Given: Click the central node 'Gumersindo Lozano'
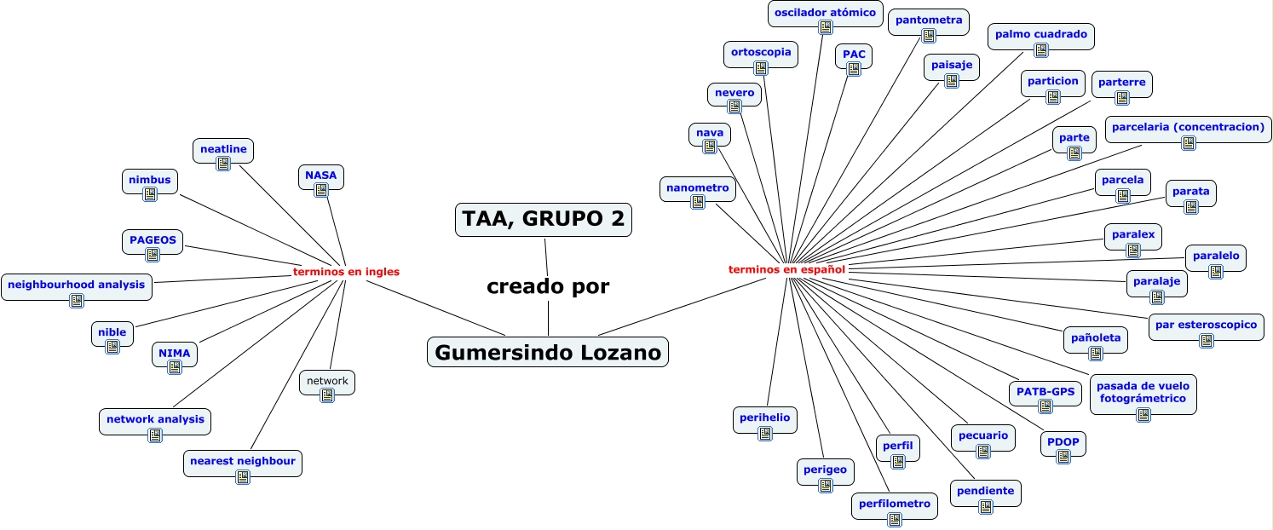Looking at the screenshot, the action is tap(548, 352).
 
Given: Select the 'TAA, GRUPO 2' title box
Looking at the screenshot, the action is tap(544, 219).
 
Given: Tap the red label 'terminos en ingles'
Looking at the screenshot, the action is tap(346, 272).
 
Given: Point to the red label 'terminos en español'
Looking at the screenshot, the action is tap(786, 269).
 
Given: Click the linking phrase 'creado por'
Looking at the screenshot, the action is tap(548, 286).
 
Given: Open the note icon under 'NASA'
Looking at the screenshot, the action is tap(321, 190).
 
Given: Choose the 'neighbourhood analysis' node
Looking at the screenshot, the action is tap(77, 285).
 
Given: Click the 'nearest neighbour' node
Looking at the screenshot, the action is tap(243, 461).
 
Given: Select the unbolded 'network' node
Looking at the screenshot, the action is tap(327, 381).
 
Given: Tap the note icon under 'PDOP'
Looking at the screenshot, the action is tap(1063, 457).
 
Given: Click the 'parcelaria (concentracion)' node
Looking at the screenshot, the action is tap(1188, 128).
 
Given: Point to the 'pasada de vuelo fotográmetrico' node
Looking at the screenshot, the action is tap(1143, 392).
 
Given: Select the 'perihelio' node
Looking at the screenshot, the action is tap(764, 418).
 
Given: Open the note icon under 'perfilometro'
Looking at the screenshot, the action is tap(895, 518).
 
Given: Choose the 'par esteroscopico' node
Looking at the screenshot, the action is tap(1206, 325).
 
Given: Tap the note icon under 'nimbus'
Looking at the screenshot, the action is tap(150, 194).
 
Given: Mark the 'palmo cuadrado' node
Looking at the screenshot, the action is tap(1040, 35).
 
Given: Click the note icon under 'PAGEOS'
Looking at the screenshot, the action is tap(153, 254).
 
